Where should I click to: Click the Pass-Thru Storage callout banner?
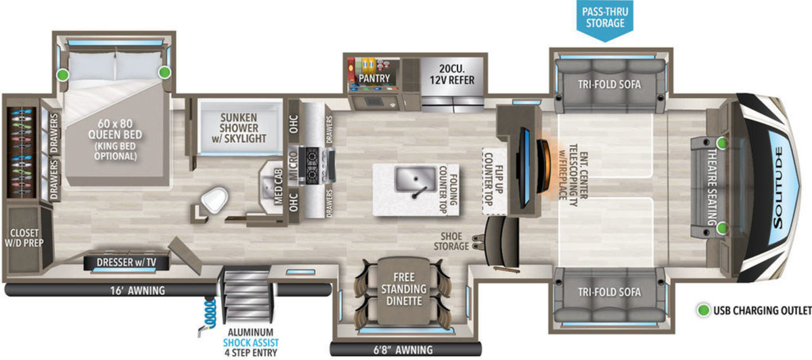(605, 19)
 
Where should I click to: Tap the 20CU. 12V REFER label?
(452, 74)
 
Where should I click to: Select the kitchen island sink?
(415, 179)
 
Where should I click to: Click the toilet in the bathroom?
(215, 200)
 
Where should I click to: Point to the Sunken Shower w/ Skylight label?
(239, 128)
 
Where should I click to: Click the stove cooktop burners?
(313, 165)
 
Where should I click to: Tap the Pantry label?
(374, 78)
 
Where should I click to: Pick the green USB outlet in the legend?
(703, 311)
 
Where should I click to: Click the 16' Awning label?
(137, 290)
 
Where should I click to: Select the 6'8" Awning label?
(403, 350)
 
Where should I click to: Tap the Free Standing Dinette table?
(404, 290)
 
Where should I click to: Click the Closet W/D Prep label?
(24, 238)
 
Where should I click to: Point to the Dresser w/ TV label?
(126, 262)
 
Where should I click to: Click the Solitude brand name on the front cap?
(778, 188)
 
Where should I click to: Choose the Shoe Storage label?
(451, 241)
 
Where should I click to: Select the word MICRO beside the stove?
(293, 166)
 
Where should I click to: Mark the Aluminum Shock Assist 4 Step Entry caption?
(251, 342)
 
